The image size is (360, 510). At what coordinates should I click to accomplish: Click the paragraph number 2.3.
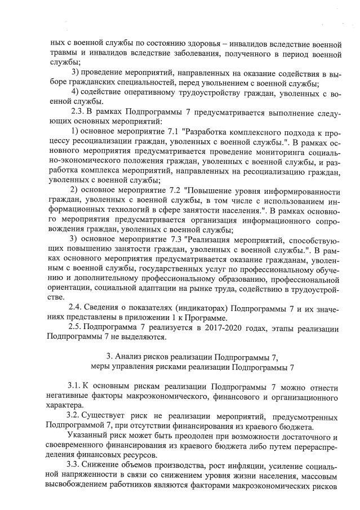76,111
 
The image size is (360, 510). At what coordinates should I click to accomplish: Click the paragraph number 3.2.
76,416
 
